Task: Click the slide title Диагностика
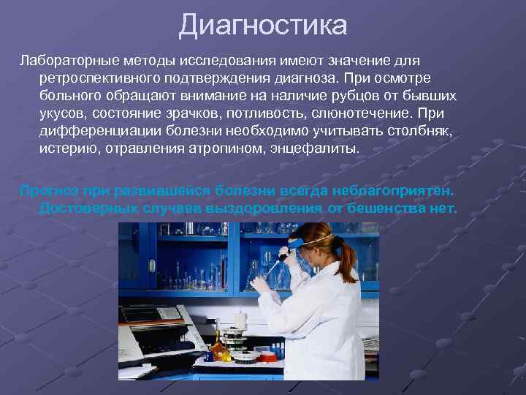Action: click(x=263, y=26)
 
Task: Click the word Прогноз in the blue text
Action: click(x=49, y=190)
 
